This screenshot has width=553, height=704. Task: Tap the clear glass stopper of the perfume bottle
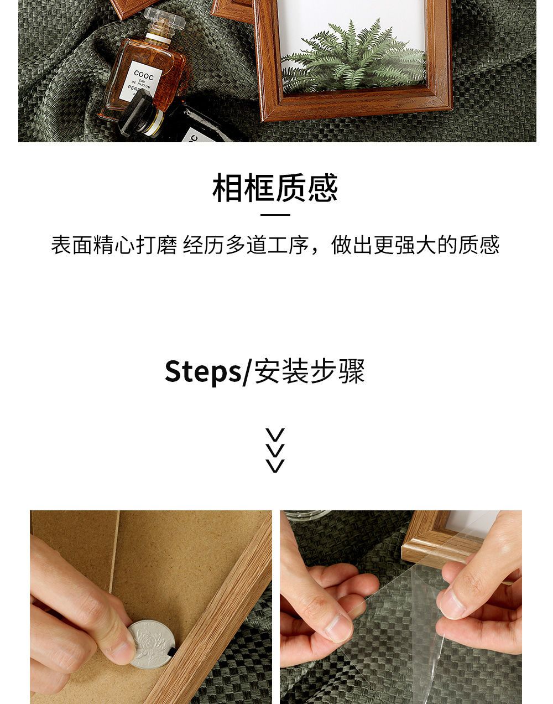165,19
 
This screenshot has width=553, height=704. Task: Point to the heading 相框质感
275,188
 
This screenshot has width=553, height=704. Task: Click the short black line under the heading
275,215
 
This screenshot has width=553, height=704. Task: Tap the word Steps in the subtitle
202,371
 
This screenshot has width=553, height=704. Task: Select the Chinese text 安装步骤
310,371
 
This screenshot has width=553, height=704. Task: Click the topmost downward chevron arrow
275,435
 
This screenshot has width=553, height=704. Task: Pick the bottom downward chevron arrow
275,466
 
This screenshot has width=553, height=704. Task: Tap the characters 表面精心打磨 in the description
114,245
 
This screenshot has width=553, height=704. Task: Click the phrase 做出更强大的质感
415,245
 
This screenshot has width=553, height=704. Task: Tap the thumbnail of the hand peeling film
401,607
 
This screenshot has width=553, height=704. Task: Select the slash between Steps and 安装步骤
247,372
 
